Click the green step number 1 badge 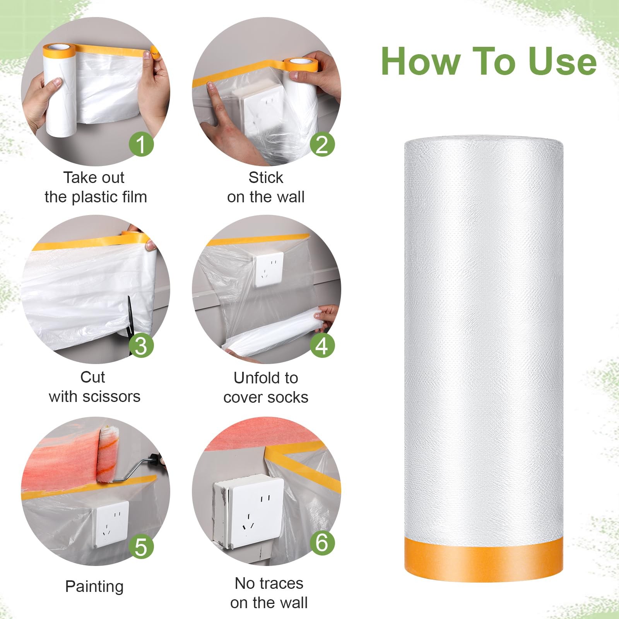point(141,144)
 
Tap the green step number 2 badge point(322,144)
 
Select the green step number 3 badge point(141,345)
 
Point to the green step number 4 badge point(322,345)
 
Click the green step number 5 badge point(141,546)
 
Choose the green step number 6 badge point(322,542)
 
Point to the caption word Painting point(94,587)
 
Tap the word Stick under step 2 point(266,178)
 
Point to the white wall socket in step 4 point(269,269)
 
